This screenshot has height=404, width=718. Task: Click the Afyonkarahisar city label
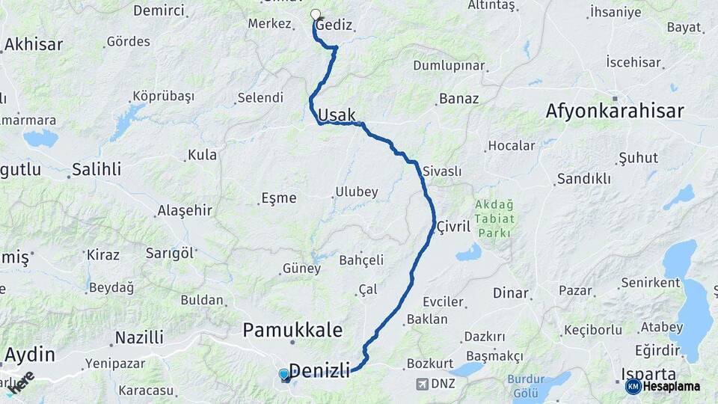614,111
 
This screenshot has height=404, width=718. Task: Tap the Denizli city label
319,369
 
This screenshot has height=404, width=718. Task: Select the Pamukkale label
292,330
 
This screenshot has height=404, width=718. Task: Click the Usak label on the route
337,115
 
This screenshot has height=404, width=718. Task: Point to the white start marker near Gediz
316,14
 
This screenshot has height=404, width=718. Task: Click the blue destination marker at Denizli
284,374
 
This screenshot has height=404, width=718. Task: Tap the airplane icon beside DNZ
424,384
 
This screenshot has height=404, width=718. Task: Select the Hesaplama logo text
672,386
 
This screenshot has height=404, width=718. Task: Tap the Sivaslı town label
441,171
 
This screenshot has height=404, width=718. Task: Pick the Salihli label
96,169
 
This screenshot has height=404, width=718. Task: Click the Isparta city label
648,375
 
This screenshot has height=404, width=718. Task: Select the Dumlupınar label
449,66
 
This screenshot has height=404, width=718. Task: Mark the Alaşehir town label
185,210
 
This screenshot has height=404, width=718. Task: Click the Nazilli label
139,337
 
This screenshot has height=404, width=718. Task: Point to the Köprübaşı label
163,96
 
